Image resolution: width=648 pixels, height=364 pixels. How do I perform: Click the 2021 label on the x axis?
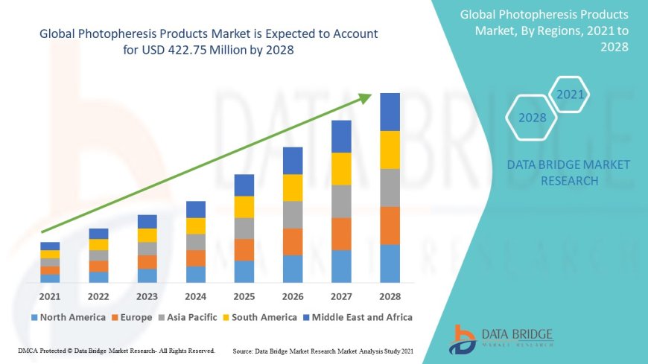pos(50,296)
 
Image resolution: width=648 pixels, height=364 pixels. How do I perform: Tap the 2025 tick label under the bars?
pos(244,296)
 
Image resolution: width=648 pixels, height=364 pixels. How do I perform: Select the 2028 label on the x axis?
pos(390,296)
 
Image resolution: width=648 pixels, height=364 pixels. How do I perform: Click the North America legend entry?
pos(68,317)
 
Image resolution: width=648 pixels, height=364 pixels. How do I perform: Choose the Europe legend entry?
pos(135,317)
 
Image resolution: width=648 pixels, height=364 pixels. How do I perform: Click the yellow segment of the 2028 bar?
pos(390,150)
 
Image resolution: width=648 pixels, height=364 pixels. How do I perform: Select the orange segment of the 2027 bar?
pos(341,234)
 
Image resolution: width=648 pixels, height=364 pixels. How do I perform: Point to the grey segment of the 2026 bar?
pos(293,214)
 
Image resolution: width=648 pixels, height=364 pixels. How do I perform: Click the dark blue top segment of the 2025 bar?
pos(244,185)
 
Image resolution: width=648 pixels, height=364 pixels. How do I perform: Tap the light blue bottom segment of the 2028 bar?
pos(390,264)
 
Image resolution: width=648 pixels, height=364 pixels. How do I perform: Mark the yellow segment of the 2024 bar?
pos(196,226)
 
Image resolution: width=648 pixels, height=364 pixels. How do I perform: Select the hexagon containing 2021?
pos(570,95)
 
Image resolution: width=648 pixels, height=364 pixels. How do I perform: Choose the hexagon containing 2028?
pos(532,118)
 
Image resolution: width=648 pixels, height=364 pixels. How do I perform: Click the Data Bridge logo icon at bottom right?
pos(463,339)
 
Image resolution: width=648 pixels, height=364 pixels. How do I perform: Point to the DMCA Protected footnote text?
pos(115,350)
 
